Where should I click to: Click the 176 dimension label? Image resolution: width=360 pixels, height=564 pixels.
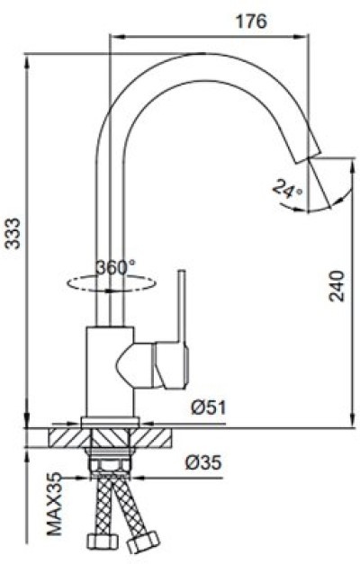251,22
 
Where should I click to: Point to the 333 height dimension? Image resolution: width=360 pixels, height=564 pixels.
14,233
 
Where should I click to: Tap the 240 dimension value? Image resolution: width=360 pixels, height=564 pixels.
337,286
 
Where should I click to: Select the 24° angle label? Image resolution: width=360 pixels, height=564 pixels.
287,189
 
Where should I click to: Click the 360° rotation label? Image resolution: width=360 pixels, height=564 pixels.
116,267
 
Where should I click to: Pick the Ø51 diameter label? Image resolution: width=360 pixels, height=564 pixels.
208,407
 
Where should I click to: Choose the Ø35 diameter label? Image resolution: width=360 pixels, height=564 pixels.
203,462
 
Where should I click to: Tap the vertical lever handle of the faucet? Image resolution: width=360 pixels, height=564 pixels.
182,306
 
